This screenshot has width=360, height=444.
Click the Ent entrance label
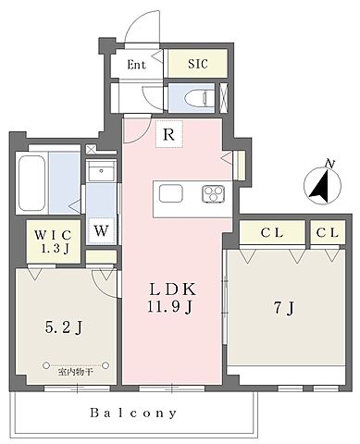(x=136, y=65)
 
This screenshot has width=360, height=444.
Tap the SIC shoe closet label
(x=198, y=64)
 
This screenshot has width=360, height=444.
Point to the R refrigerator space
(x=168, y=134)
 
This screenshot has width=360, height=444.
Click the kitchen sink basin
(x=171, y=193)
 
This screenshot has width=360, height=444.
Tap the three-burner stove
(x=213, y=193)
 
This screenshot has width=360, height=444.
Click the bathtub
(x=31, y=183)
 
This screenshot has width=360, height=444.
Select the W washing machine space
(x=101, y=230)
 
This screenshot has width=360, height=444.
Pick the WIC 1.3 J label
(x=54, y=240)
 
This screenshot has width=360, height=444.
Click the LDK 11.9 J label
(x=171, y=298)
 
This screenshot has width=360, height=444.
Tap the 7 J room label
(x=284, y=307)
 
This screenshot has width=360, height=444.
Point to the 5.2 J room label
(x=64, y=327)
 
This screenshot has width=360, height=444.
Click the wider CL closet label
(x=272, y=233)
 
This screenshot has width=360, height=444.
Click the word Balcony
(x=133, y=413)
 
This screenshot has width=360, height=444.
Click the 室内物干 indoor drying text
(x=75, y=372)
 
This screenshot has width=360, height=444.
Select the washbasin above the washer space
(x=101, y=170)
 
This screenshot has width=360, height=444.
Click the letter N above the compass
(x=330, y=164)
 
